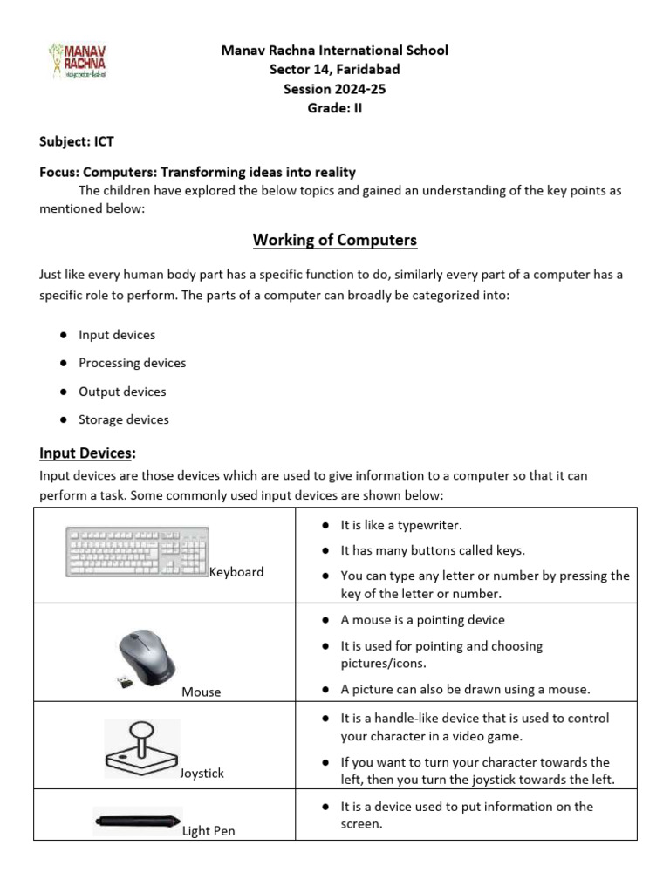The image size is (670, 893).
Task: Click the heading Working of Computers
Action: pos(335,240)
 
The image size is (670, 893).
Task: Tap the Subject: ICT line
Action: pos(77,140)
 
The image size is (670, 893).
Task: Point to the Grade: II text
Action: pos(335,108)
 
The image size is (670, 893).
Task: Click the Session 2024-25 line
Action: pos(335,89)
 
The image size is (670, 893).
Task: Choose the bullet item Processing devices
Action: pos(132,363)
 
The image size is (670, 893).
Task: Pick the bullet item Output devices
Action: pos(122,392)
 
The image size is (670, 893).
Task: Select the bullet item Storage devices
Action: pos(124,419)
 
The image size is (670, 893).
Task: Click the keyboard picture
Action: pos(137,551)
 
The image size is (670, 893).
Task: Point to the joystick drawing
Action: pos(141,747)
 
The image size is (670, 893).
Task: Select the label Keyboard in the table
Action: pos(236,572)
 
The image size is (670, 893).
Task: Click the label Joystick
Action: pos(202,774)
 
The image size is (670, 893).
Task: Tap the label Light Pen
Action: pos(209,831)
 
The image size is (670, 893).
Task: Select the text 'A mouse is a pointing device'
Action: pos(422,620)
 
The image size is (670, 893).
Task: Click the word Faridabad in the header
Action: pos(366,70)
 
